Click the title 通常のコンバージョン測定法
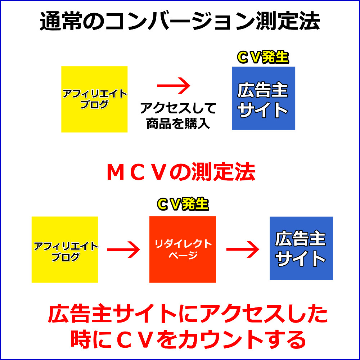[x=180, y=23]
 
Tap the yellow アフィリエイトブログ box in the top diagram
[x=94, y=99]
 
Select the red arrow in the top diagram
[x=174, y=86]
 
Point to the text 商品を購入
[x=178, y=123]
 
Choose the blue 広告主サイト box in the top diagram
[x=263, y=98]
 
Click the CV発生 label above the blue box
[x=263, y=58]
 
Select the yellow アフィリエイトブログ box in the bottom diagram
[x=65, y=249]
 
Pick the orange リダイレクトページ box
[x=183, y=249]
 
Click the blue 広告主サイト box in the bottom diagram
[x=301, y=248]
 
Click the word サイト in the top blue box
[x=263, y=110]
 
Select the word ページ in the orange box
[x=183, y=256]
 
